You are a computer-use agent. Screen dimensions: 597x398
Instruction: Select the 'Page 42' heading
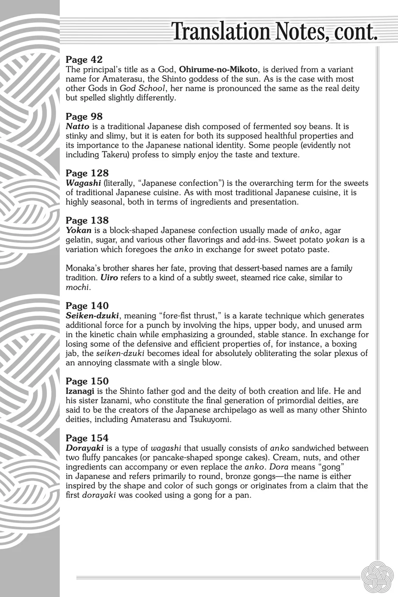(x=84, y=59)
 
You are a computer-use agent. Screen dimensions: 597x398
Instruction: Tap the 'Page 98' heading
(x=84, y=116)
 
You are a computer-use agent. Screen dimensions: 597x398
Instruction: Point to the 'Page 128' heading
(x=87, y=173)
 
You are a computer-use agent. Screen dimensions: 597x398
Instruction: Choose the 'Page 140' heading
(x=87, y=306)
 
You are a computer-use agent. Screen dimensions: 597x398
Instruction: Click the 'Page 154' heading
(x=87, y=438)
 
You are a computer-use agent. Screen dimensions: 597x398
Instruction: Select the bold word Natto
(x=78, y=126)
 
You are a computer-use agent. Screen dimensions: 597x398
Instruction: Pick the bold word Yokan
(x=78, y=230)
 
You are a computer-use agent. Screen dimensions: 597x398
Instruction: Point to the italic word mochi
(x=77, y=287)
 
